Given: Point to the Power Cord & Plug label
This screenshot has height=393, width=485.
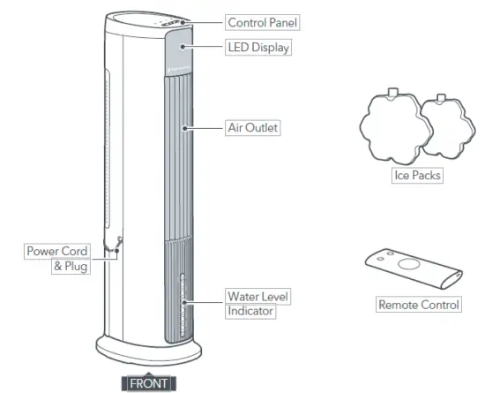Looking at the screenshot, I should coord(57,258).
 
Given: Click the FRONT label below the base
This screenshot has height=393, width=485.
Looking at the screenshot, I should coord(147,383).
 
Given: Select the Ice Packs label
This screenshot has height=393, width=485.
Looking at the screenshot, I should coord(416,176).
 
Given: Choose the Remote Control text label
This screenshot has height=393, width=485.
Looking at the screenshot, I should coord(418,305).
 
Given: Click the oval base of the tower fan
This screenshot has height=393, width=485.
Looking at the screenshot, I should coord(141,358).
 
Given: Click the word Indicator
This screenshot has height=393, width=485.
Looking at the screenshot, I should coord(251,311).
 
